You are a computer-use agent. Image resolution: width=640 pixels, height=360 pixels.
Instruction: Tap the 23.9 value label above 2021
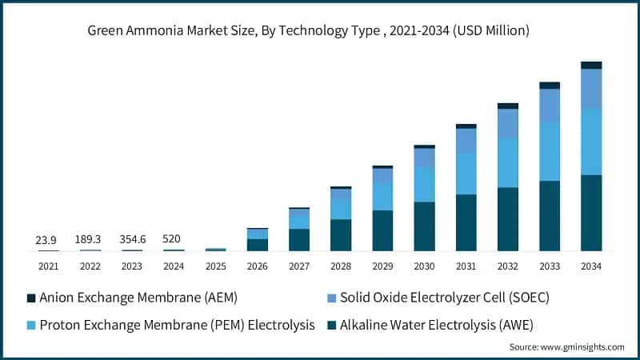coord(46,239)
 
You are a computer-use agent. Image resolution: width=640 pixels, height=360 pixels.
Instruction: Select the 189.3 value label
coord(90,239)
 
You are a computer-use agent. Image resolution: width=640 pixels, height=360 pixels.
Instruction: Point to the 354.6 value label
coord(131,239)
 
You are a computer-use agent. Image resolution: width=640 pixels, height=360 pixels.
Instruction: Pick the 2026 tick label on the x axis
coord(257,266)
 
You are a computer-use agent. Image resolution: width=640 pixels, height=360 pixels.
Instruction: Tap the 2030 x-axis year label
coord(424,266)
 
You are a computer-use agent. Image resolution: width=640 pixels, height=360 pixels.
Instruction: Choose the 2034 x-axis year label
coord(590,266)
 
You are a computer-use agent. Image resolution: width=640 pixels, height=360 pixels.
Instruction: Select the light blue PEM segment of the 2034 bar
coord(590,142)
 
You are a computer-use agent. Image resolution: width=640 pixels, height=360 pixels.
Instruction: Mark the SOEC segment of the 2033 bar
coord(549,106)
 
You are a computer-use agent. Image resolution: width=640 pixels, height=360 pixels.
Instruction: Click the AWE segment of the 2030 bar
coord(424,226)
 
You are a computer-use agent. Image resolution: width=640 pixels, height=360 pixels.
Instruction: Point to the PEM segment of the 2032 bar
coord(507,162)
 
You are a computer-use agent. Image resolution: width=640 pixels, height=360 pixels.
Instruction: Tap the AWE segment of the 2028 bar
coord(341,234)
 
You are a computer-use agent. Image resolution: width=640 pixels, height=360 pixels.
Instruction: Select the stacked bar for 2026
coord(257,240)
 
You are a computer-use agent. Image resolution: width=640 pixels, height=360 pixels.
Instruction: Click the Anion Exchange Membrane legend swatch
coord(31,298)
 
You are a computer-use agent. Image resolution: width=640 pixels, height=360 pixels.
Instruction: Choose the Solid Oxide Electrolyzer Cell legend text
coord(446,298)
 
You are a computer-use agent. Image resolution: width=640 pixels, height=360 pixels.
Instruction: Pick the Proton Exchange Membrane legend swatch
coord(31,324)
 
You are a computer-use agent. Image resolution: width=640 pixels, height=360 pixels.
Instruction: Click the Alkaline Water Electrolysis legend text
coord(437,324)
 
